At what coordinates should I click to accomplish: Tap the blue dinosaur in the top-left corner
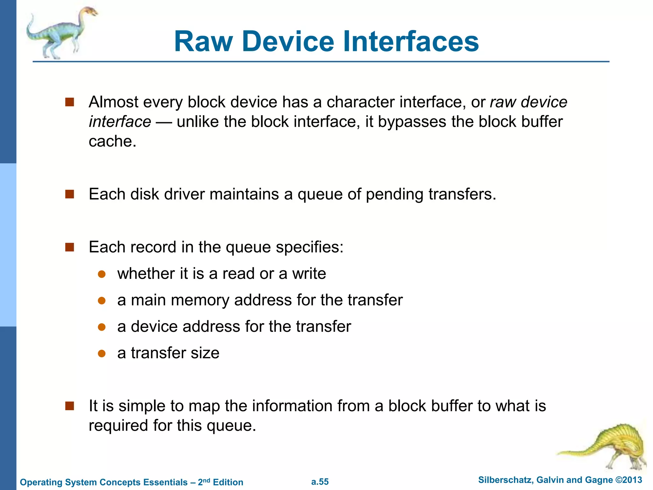click(x=61, y=33)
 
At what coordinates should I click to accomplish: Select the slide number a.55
click(x=320, y=482)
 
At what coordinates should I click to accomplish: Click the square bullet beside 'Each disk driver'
click(x=70, y=194)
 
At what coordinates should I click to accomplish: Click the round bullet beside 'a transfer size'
click(x=102, y=353)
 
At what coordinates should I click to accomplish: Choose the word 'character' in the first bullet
click(x=361, y=102)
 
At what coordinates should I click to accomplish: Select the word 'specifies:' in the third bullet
click(x=310, y=247)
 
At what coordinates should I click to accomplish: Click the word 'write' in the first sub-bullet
click(x=309, y=274)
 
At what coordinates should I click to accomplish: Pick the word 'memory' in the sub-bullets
click(x=200, y=300)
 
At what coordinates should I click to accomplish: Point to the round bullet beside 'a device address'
click(x=102, y=327)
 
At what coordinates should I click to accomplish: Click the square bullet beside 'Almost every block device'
click(x=70, y=102)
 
